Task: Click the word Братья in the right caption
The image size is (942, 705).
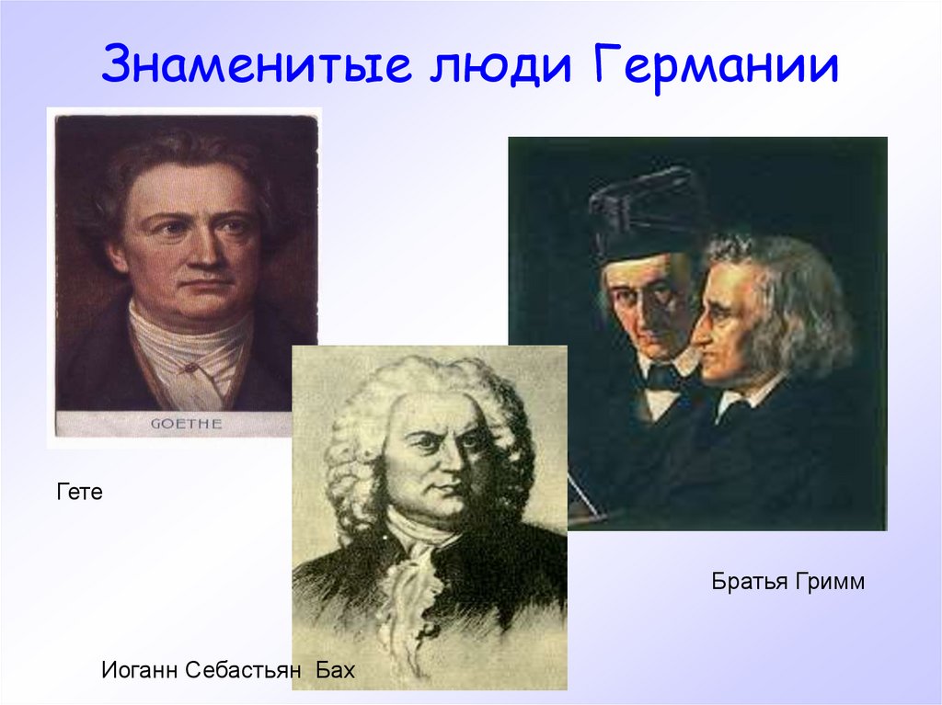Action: (746, 582)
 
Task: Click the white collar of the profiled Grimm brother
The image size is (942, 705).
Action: (740, 397)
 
